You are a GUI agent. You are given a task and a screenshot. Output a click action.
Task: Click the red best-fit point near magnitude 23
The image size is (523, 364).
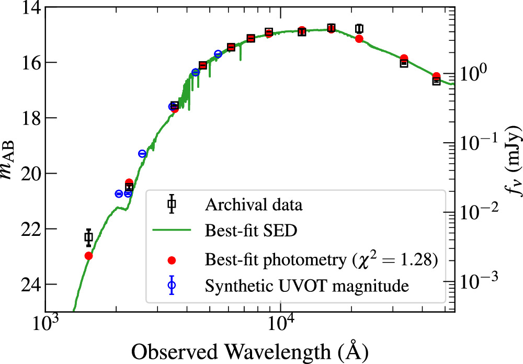(88, 256)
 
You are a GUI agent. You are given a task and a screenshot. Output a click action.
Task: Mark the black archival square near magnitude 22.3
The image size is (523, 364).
(88, 237)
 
